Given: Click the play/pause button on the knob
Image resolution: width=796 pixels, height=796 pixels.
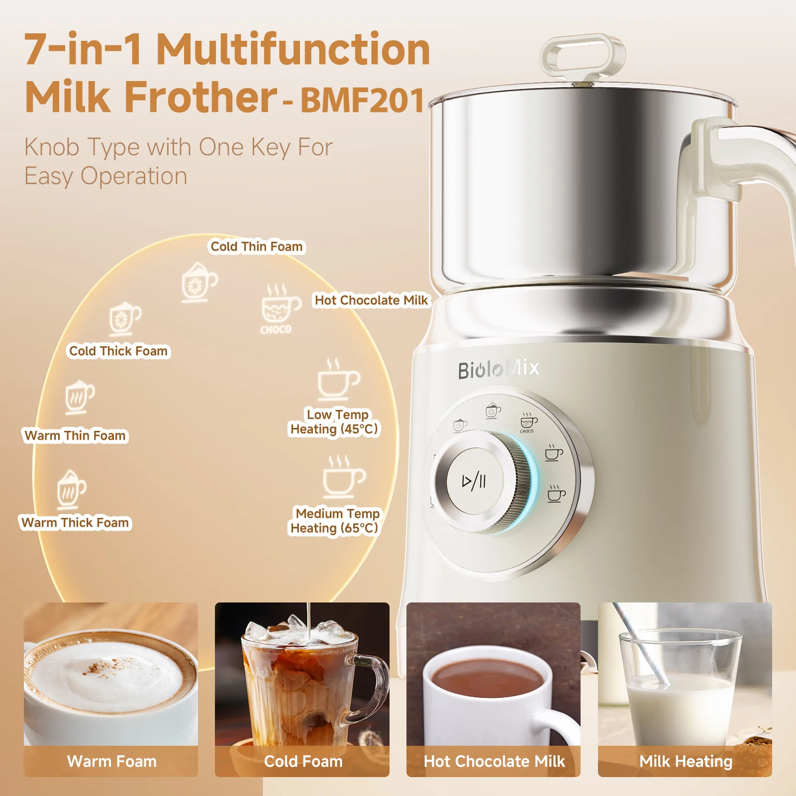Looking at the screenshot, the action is pyautogui.click(x=475, y=481).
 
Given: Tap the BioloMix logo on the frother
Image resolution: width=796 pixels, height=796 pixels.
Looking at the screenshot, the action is pyautogui.click(x=498, y=369).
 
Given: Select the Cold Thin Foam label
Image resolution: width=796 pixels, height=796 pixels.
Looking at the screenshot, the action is pyautogui.click(x=257, y=247).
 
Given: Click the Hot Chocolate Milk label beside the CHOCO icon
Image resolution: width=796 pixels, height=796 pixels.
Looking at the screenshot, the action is pyautogui.click(x=371, y=300).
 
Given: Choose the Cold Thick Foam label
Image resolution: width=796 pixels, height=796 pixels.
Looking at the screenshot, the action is pyautogui.click(x=118, y=351).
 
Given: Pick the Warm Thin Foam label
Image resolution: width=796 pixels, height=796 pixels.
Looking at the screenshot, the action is pyautogui.click(x=75, y=436).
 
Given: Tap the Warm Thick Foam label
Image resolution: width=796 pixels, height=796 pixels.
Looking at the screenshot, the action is pyautogui.click(x=75, y=523).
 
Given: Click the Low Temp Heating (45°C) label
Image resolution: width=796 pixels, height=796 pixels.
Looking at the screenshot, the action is pyautogui.click(x=334, y=422).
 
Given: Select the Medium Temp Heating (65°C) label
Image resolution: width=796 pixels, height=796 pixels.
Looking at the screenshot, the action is pyautogui.click(x=334, y=521).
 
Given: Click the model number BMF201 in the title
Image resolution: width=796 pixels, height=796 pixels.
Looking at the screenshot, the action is pyautogui.click(x=362, y=101).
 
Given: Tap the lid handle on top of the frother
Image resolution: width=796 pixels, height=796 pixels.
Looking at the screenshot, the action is pyautogui.click(x=583, y=56).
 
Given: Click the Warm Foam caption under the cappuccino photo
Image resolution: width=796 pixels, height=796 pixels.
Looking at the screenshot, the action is pyautogui.click(x=111, y=761).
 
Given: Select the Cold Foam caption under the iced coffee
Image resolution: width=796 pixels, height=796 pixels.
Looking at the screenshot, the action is pyautogui.click(x=303, y=761).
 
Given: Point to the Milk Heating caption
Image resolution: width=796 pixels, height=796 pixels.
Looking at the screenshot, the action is pyautogui.click(x=686, y=762).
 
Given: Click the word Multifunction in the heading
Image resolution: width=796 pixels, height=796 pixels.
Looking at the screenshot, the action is pyautogui.click(x=293, y=50).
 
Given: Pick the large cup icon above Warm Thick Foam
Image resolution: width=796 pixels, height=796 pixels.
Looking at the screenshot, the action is pyautogui.click(x=71, y=490).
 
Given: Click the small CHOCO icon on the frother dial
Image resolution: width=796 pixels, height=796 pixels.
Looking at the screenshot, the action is pyautogui.click(x=528, y=422).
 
